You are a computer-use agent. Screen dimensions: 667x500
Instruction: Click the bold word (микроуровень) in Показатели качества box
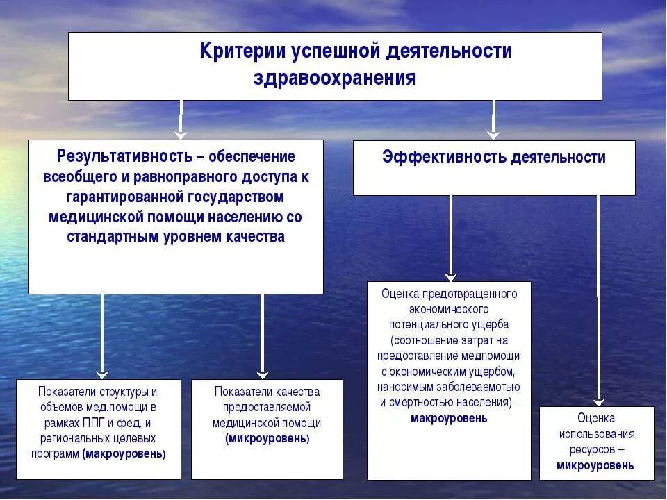267,439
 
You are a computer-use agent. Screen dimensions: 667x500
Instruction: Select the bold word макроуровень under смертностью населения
449,418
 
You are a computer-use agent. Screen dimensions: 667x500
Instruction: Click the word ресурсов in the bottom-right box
591,449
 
